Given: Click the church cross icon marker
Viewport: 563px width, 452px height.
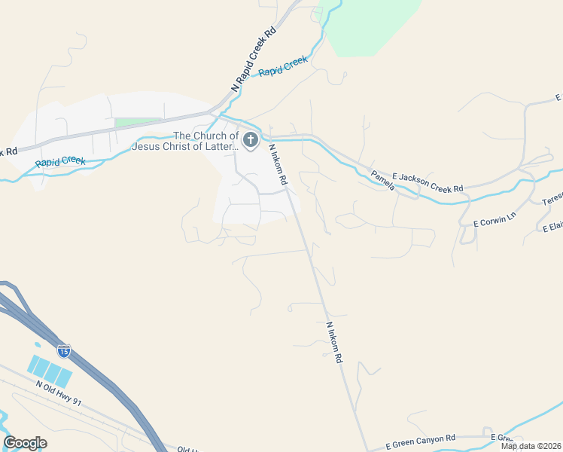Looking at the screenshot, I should point(250,140).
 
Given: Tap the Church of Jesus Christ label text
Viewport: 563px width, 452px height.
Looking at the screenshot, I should point(185,141).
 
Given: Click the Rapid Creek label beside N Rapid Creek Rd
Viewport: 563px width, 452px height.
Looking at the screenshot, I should point(283,66).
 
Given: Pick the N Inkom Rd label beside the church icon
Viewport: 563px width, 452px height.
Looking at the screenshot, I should point(278,165).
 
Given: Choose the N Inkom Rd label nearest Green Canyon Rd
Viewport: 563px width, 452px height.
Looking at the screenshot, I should point(334,344).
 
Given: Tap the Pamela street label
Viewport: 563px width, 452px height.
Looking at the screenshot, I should point(383,180).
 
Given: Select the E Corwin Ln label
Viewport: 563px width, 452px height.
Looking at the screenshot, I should point(495,219).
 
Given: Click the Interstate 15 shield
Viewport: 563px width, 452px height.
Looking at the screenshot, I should point(64,350).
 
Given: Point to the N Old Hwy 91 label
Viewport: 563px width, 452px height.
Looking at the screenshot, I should point(58,392).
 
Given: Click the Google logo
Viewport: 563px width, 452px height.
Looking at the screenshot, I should point(25,443).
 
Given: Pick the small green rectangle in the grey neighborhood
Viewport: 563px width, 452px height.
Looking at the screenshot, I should point(138,121).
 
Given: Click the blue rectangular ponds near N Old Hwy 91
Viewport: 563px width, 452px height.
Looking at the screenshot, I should point(50,369).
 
